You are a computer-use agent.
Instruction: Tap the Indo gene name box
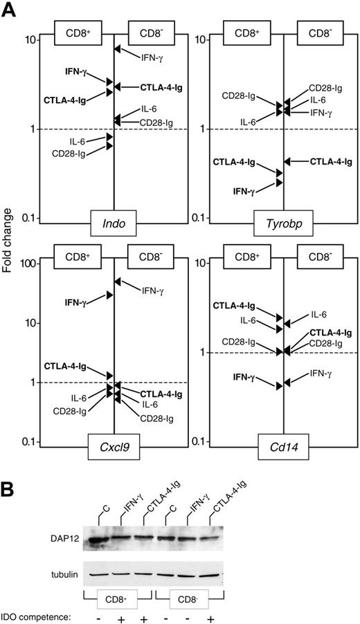coord(114,226)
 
